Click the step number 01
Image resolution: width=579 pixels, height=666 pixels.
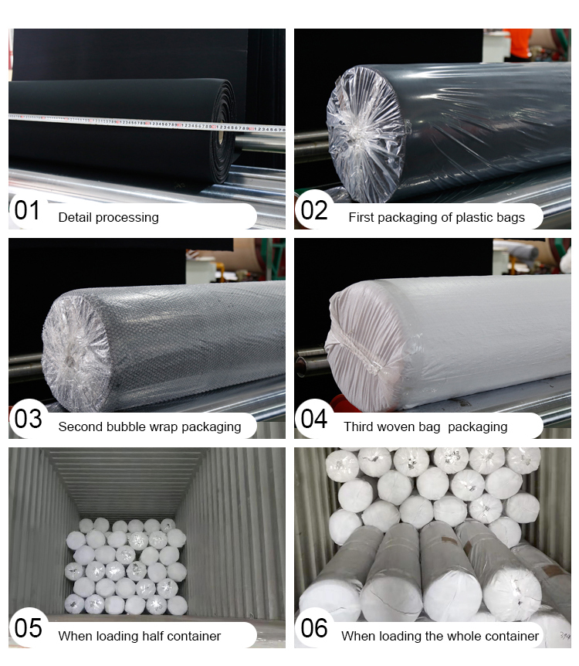27,210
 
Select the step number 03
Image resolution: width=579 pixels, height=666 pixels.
28,419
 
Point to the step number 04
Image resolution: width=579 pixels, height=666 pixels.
313,419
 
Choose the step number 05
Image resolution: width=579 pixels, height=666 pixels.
28,628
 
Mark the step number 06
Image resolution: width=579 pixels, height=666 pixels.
314,628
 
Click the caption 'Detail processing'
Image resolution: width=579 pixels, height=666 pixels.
108,218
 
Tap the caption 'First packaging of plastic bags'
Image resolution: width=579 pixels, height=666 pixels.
436,218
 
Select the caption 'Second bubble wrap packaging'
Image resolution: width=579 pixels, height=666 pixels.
150,426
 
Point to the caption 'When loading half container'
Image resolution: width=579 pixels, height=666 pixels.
139,636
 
